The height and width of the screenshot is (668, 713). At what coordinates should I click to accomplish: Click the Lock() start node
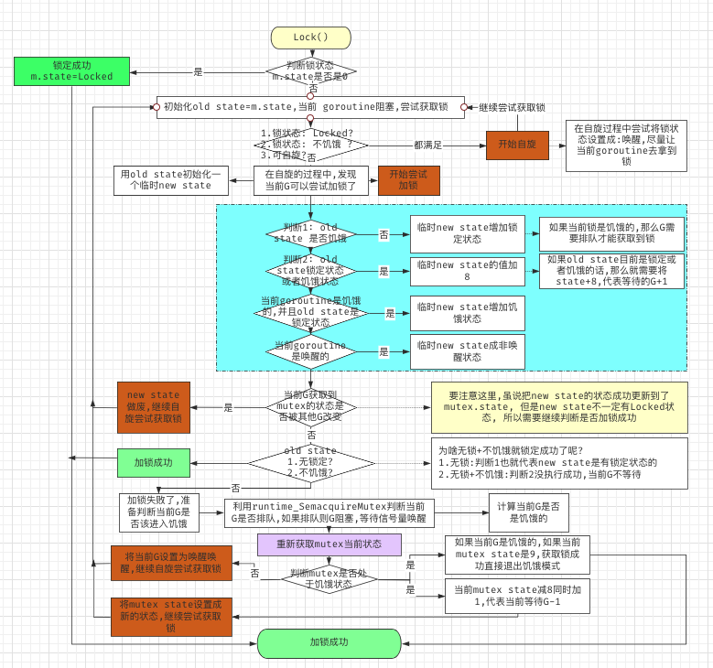310,38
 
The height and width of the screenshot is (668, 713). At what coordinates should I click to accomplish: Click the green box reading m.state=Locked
71,71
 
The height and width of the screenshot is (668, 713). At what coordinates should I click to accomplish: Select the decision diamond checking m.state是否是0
310,70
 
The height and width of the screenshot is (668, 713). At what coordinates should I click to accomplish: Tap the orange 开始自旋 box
516,145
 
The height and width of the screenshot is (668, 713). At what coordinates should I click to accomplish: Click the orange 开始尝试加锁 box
409,179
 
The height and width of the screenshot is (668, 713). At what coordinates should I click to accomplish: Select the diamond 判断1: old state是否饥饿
310,233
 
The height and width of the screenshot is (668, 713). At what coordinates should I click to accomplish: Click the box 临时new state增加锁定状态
467,233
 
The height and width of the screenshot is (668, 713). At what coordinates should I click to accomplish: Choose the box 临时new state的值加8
467,271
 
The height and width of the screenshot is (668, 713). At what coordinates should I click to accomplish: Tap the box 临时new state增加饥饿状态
467,312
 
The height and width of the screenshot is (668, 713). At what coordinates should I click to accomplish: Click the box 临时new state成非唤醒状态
467,351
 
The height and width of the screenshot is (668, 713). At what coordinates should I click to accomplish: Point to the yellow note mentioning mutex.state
558,406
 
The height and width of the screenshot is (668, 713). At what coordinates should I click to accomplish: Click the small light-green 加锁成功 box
154,462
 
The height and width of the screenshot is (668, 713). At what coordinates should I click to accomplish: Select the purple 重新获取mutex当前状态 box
329,544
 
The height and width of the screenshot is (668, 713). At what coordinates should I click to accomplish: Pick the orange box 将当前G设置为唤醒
171,562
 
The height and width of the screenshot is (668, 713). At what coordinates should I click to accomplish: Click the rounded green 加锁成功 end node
329,642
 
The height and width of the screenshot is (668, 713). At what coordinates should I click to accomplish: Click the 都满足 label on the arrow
427,145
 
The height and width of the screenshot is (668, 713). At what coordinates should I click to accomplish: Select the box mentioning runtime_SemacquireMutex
329,512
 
